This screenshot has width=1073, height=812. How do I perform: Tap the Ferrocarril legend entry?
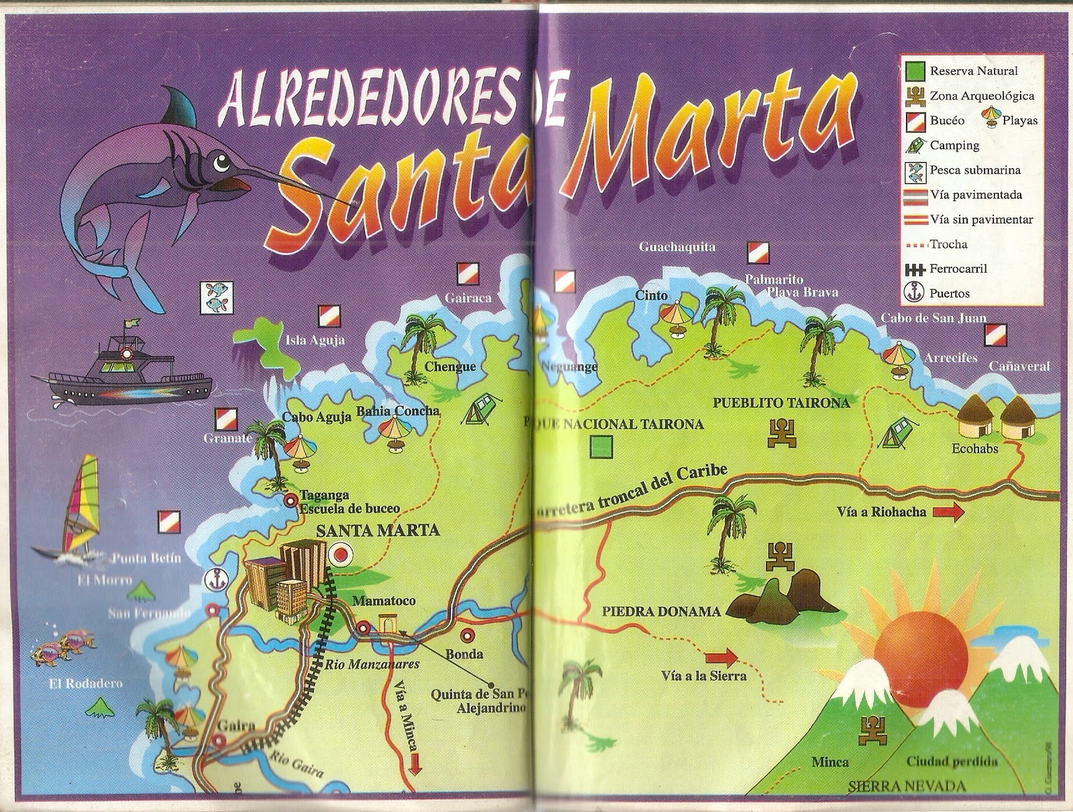[x=958, y=269]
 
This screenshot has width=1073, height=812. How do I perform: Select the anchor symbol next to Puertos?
[x=914, y=293]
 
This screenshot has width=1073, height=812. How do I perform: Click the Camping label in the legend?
[x=954, y=146]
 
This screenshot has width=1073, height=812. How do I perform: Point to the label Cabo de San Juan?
[x=933, y=318]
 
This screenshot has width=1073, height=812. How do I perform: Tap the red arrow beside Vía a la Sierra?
[x=721, y=657]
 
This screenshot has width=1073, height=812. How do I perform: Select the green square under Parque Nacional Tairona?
[x=601, y=447]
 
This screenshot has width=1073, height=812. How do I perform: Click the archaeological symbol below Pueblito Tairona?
[x=782, y=433]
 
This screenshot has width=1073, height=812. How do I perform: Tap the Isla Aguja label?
[x=315, y=340]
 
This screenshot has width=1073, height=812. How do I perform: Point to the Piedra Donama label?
[x=661, y=612]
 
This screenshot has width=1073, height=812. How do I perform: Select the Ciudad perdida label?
[x=951, y=762]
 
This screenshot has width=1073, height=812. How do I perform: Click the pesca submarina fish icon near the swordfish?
[x=217, y=297]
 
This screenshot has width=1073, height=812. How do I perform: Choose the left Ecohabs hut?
[x=975, y=417]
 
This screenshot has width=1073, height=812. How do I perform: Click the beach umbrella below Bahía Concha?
[x=394, y=433]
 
